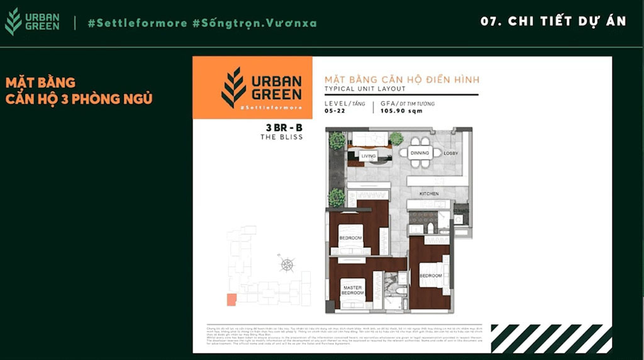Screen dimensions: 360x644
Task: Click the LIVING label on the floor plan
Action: (x=368, y=156)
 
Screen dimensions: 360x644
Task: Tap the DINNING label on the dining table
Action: (x=419, y=153)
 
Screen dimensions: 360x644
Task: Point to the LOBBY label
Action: (x=450, y=154)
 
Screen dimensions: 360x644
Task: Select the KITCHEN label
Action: (x=429, y=193)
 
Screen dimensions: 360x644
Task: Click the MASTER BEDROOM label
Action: (x=353, y=290)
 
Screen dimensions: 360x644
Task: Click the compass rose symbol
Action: (x=287, y=264)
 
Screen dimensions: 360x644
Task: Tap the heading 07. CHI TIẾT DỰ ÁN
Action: (x=553, y=21)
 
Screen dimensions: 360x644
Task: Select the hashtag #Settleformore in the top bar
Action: (x=137, y=23)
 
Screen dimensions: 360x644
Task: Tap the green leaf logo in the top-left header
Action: (x=13, y=21)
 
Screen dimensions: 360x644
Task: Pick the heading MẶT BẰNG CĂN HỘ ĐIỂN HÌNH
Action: (x=401, y=80)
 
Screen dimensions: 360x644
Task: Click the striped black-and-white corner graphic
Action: (x=551, y=338)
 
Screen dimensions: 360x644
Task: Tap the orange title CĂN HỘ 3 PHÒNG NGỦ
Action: (x=79, y=99)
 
